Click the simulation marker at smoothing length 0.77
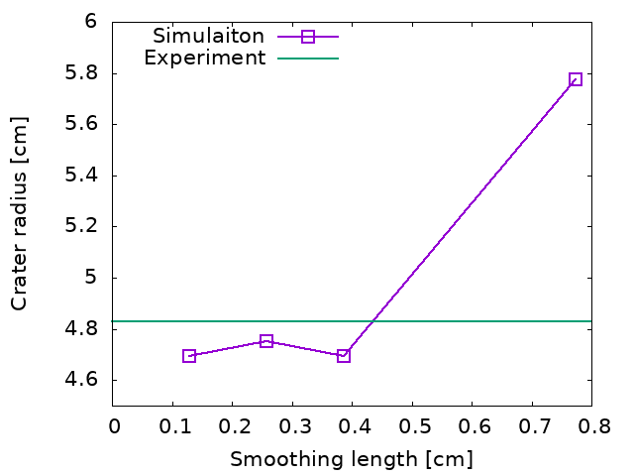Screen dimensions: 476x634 (x=575, y=79)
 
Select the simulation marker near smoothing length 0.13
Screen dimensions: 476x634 (x=189, y=356)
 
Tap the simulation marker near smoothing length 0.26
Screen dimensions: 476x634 (x=266, y=341)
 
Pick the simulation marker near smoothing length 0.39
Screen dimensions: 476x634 (x=344, y=356)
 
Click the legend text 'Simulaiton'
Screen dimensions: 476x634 (x=208, y=36)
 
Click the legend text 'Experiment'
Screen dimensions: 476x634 (x=205, y=58)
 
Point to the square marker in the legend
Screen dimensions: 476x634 (x=308, y=37)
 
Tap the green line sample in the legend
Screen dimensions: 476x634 (x=308, y=59)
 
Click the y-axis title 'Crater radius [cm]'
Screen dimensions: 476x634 (x=19, y=213)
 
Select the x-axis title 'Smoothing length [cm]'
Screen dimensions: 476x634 (x=352, y=459)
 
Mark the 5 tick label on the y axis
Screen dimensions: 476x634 (x=90, y=278)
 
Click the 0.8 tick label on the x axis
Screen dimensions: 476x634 (x=591, y=425)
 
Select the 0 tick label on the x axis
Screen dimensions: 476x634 (x=113, y=425)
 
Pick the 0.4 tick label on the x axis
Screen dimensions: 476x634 (x=352, y=425)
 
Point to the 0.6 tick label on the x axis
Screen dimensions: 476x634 (x=472, y=425)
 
